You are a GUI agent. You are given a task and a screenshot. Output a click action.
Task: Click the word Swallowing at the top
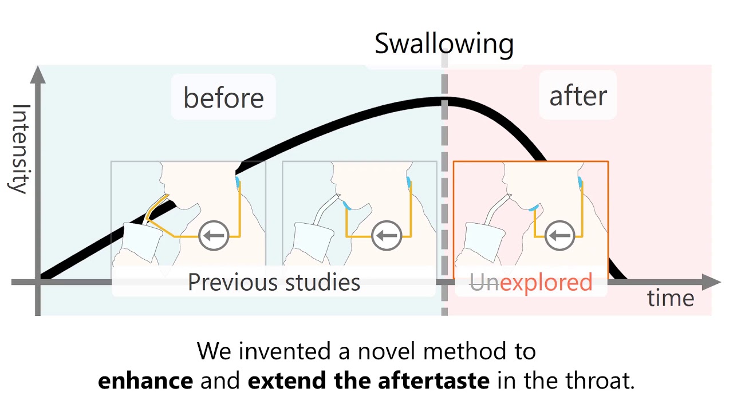point(444,45)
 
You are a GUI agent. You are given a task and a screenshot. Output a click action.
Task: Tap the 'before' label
point(223,98)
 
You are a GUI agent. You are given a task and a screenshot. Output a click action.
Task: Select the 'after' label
point(578,96)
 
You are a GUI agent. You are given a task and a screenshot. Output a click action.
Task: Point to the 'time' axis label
point(671,298)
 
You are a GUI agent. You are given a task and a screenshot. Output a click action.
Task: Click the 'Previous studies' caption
point(274,282)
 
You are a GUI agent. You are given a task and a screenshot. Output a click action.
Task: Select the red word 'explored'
point(546,282)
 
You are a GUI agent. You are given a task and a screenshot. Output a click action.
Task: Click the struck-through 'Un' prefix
point(484,282)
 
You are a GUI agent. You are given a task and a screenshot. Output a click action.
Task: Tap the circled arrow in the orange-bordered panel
point(559,235)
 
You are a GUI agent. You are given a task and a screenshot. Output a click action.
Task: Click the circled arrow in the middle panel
point(387,235)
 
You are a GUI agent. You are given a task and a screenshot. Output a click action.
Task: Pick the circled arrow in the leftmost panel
point(214,235)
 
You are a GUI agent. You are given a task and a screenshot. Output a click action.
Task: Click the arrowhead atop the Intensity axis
point(38,74)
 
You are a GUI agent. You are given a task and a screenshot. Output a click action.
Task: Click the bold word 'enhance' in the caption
point(145,381)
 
